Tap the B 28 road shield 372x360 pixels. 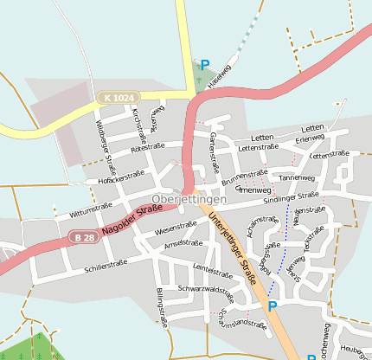(x=83, y=237)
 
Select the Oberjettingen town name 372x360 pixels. (x=188, y=199)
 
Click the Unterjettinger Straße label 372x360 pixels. (x=233, y=252)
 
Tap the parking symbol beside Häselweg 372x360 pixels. (x=205, y=65)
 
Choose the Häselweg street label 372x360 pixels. (x=221, y=73)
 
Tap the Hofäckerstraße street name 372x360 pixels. (x=122, y=177)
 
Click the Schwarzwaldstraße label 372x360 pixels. (x=205, y=288)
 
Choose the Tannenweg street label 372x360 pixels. (x=297, y=177)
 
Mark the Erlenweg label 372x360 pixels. (x=309, y=138)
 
